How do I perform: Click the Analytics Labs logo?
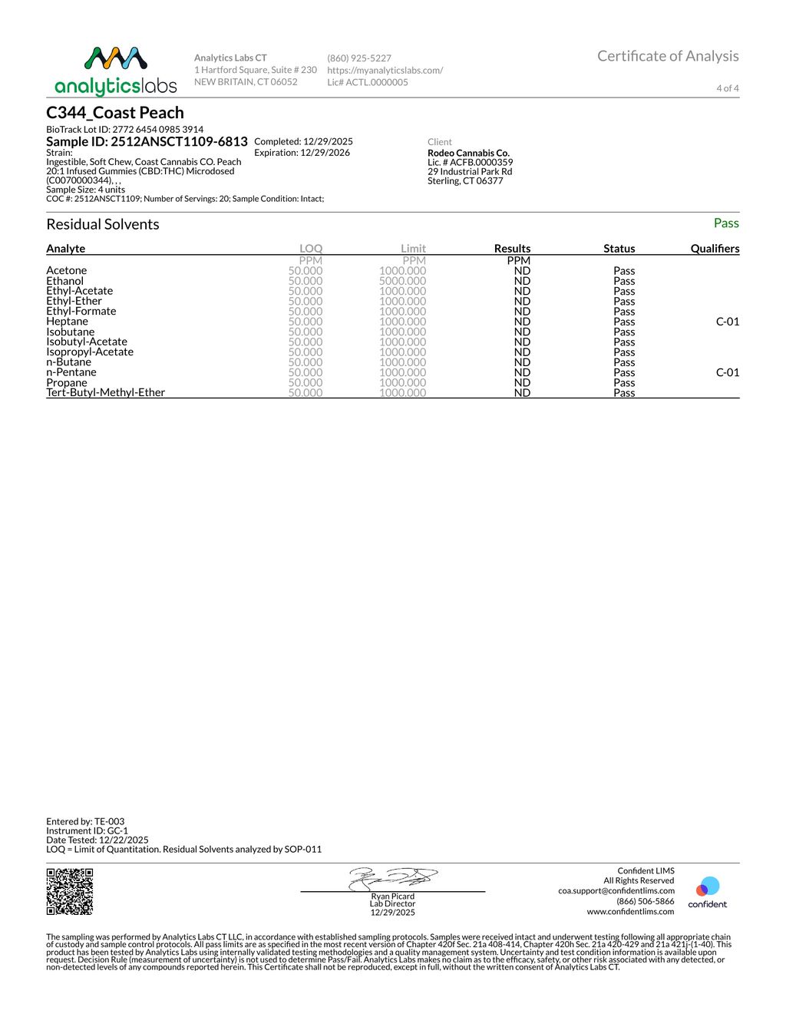click(x=116, y=71)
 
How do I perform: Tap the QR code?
click(x=70, y=891)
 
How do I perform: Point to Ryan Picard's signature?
click(x=393, y=879)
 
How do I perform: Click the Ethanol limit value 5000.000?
click(x=402, y=281)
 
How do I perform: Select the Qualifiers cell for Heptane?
click(x=727, y=322)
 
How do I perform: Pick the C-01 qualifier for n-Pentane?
click(x=727, y=372)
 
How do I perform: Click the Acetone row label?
click(x=67, y=270)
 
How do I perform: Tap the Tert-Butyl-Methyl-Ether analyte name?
click(x=106, y=392)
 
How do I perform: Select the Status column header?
click(x=619, y=249)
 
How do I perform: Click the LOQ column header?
click(x=311, y=249)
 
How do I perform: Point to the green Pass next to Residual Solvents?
click(x=725, y=223)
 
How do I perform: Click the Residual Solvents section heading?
click(x=103, y=224)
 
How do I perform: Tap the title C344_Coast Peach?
click(x=115, y=113)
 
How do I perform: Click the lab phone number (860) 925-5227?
click(x=359, y=58)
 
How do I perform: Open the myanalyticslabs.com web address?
click(x=385, y=70)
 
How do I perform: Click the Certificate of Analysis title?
click(x=668, y=56)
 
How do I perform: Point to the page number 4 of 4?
click(x=727, y=88)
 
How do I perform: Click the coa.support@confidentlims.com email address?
click(x=616, y=891)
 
